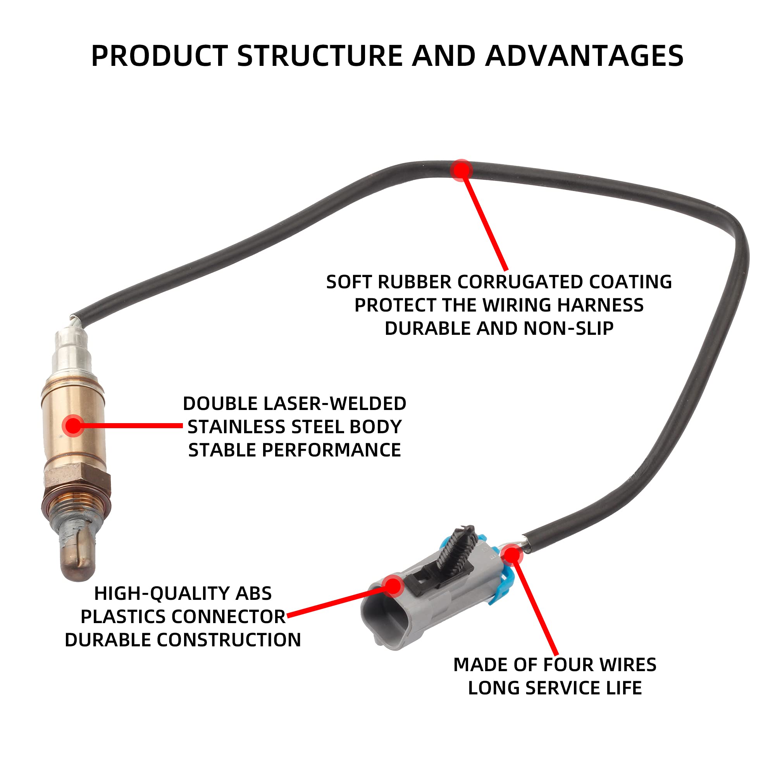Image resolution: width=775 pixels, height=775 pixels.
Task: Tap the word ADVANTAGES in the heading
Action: click(584, 56)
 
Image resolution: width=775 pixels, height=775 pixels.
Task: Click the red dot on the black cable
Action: click(461, 170)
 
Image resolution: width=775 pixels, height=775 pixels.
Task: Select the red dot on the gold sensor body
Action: click(73, 425)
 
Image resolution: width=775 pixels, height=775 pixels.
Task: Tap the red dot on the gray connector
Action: click(393, 585)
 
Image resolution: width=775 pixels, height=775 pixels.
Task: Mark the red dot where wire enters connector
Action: click(511, 555)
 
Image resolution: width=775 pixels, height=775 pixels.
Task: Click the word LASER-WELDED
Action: click(334, 403)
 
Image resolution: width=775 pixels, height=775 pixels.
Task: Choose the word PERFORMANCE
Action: click(331, 450)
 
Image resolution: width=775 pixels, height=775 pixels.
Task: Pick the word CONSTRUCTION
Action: click(229, 640)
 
